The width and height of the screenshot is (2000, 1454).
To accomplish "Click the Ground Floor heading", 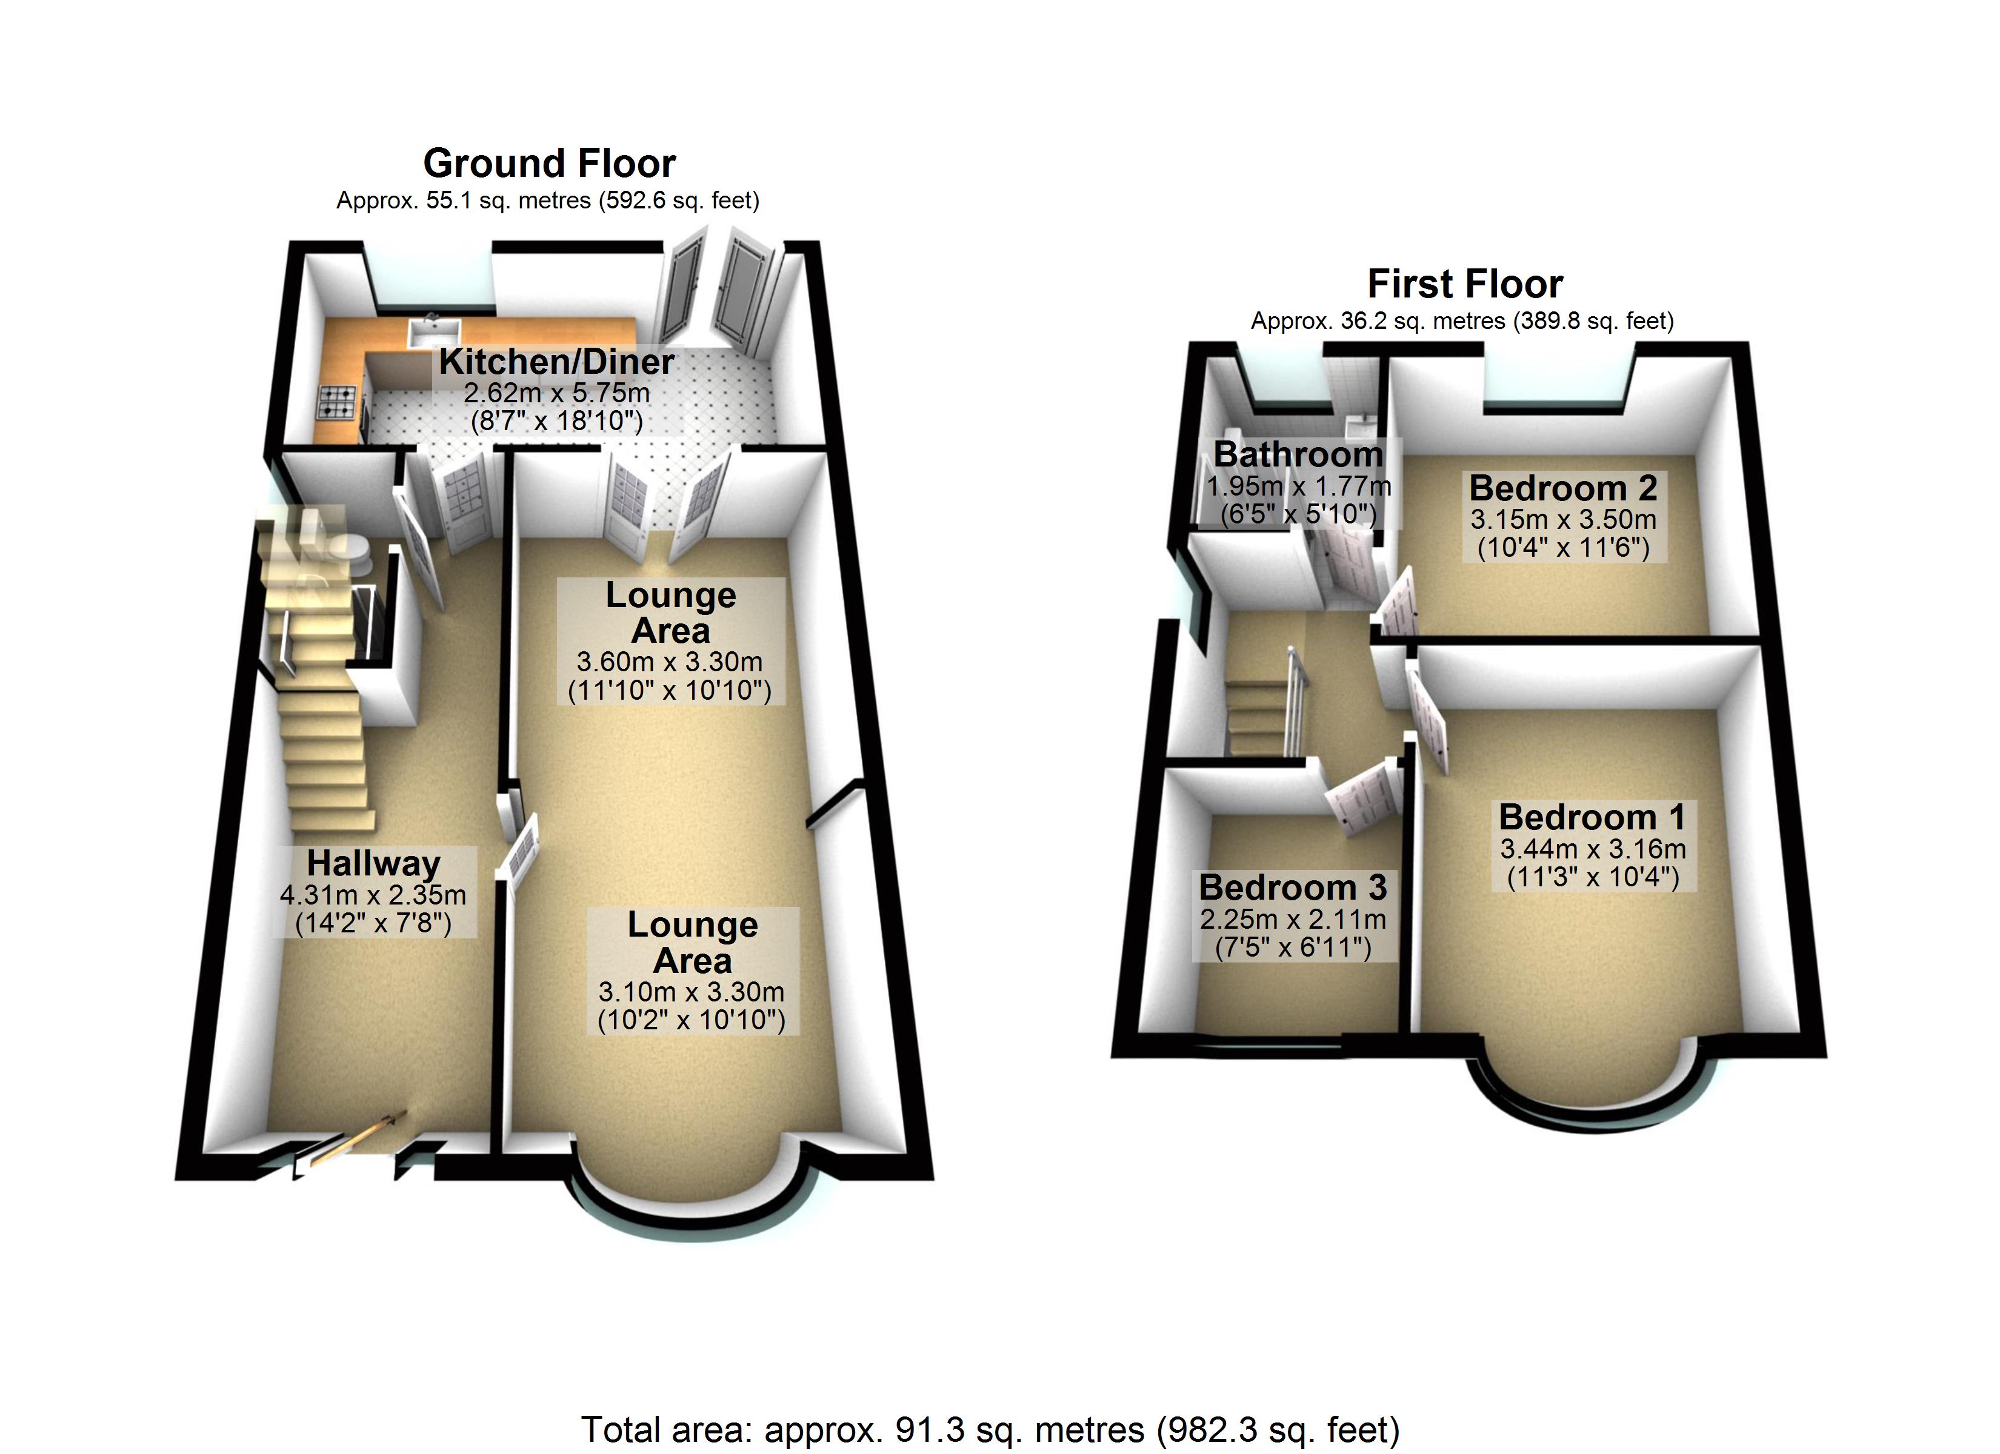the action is pyautogui.click(x=549, y=163).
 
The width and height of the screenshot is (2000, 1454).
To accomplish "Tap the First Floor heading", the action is pyautogui.click(x=1465, y=284).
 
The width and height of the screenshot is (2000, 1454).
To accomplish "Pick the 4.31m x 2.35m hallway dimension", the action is pyautogui.click(x=373, y=895).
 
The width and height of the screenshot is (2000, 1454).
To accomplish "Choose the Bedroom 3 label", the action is pyautogui.click(x=1293, y=887).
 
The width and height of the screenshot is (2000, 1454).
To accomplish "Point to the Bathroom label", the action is pyautogui.click(x=1298, y=454).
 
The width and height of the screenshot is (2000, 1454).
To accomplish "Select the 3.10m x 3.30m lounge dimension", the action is pyautogui.click(x=692, y=992).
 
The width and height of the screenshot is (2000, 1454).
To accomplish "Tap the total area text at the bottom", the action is pyautogui.click(x=990, y=1429).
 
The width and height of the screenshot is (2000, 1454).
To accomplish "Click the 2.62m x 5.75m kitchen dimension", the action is pyautogui.click(x=556, y=393).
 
